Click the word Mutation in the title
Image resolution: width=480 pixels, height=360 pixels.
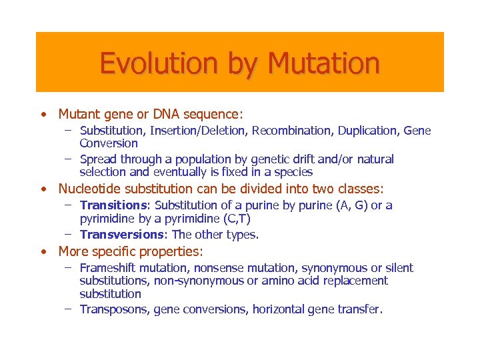(323, 64)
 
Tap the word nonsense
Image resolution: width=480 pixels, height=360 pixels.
(213, 268)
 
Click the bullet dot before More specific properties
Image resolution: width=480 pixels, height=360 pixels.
(43, 252)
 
